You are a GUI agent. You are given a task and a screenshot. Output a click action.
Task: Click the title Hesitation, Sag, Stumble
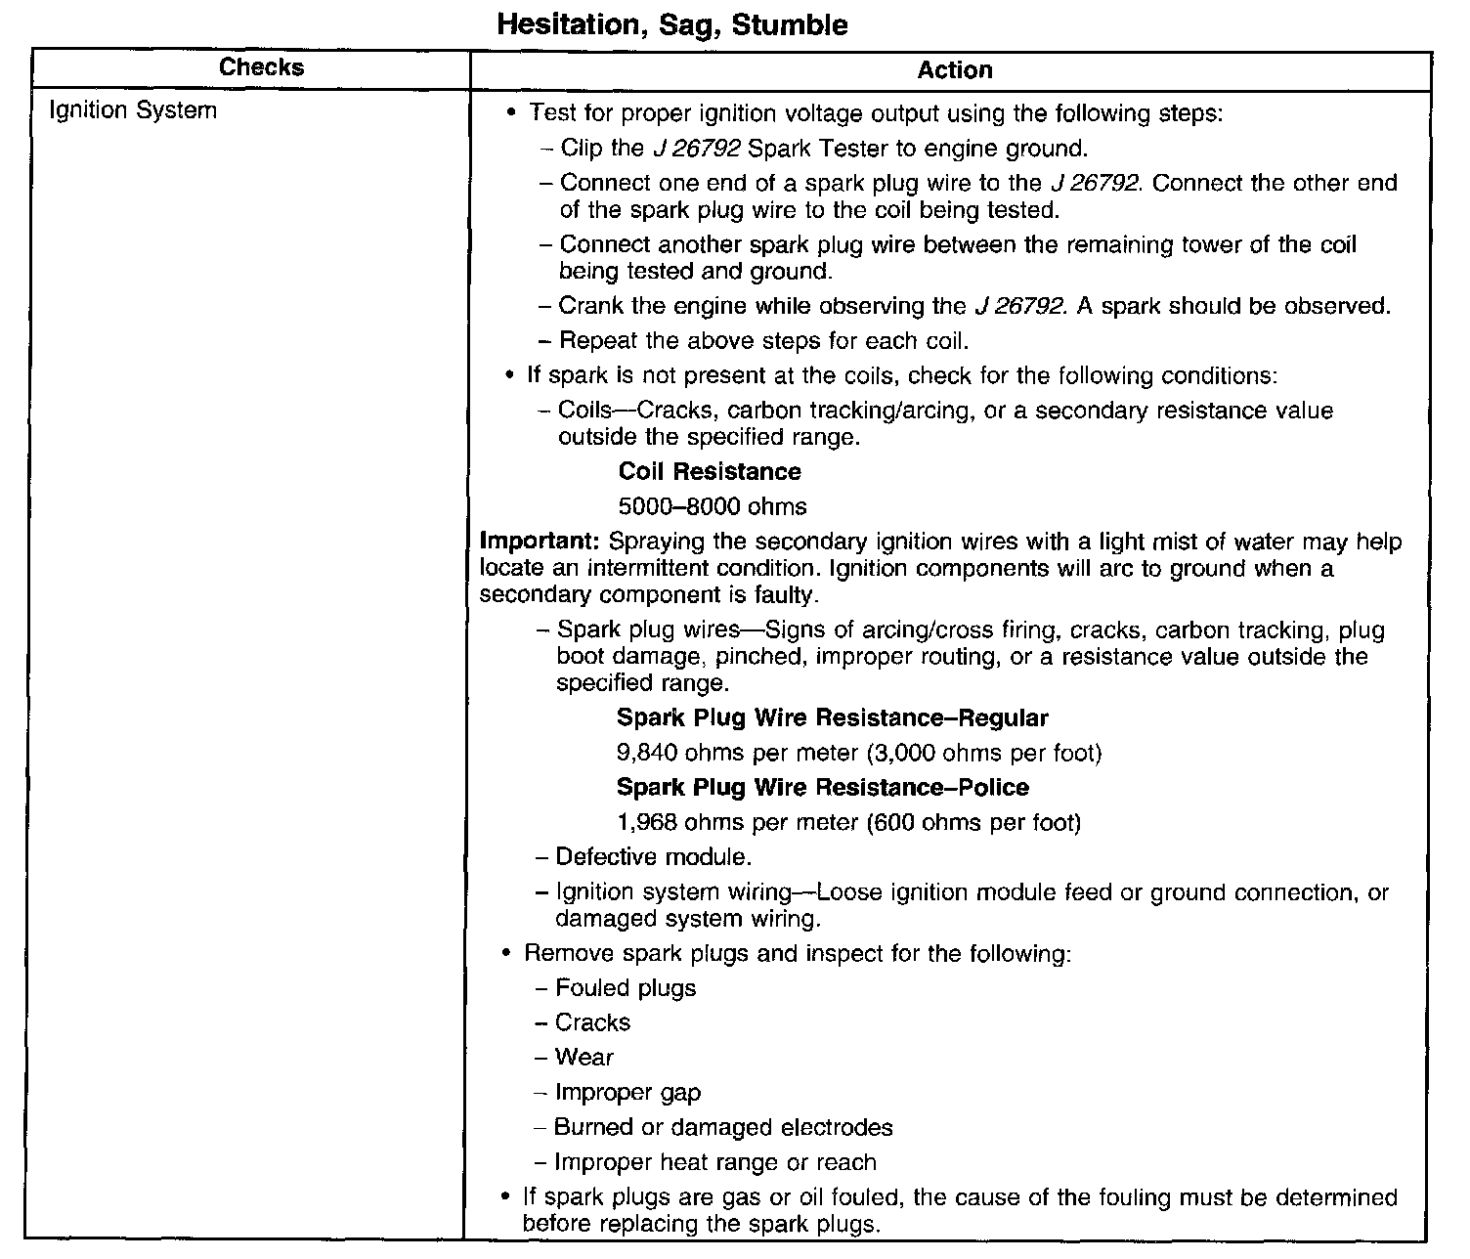pos(672,24)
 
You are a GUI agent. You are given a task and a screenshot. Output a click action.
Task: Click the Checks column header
pos(261,67)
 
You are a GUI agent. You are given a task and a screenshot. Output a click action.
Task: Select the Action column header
pos(954,70)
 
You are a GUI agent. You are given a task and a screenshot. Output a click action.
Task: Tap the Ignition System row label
pos(133,110)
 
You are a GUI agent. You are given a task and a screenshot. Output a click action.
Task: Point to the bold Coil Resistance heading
pos(710,472)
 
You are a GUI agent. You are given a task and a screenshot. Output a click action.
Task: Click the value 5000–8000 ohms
pos(713,507)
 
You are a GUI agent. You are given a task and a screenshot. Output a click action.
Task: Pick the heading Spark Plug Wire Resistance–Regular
pos(832,718)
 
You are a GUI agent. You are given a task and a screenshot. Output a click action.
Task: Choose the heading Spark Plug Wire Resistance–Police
pos(822,788)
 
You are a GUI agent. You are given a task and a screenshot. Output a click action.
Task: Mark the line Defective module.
pos(653,858)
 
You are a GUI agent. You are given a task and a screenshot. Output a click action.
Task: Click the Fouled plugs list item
pos(626,988)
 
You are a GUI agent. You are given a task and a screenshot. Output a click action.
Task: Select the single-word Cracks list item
pos(592,1023)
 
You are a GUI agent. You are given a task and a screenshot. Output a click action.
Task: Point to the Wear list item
pos(584,1058)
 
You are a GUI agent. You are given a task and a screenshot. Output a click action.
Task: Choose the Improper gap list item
pos(627,1093)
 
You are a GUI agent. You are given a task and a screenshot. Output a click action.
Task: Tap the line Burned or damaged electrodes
pos(722,1128)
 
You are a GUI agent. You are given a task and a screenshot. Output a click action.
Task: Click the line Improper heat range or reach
pos(714,1163)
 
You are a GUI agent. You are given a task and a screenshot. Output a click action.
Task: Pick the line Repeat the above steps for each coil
pos(763,341)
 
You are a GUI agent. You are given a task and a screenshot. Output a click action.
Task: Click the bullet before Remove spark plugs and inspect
pos(506,953)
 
